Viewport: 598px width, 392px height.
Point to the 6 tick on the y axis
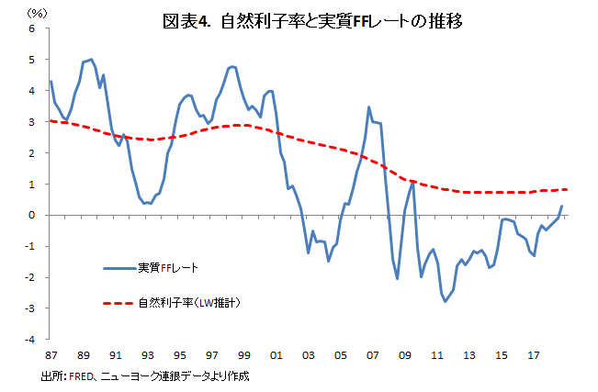(33, 28)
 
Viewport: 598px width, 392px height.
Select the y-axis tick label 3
(33, 121)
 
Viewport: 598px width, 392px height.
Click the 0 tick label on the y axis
(33, 215)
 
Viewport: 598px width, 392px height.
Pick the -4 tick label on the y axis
(31, 339)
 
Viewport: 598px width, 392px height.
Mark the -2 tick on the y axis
(31, 277)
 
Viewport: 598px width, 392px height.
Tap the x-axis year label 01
(276, 354)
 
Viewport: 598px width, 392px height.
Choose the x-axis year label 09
(404, 354)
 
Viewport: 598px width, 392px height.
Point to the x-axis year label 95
(179, 354)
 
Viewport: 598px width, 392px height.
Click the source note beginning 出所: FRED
(145, 376)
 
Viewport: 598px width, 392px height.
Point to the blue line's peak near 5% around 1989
(90, 60)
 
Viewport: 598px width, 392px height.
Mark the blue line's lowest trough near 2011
(446, 301)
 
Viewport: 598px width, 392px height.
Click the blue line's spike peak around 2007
(369, 107)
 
